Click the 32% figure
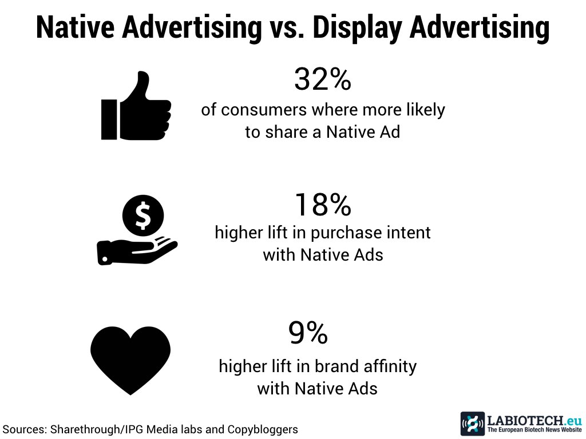[x=323, y=79]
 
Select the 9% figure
[x=308, y=333]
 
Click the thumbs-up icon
[x=136, y=106]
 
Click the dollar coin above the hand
[x=143, y=215]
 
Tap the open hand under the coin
[x=137, y=251]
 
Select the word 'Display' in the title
[x=357, y=28]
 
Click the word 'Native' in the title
[x=75, y=27]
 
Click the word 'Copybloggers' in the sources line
[x=263, y=430]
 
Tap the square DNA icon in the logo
[x=473, y=424]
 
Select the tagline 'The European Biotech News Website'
[x=534, y=430]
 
